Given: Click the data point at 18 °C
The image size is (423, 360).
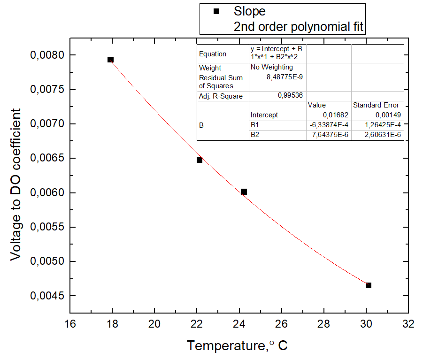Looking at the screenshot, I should (110, 60).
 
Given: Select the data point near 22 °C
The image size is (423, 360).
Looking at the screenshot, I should (200, 160).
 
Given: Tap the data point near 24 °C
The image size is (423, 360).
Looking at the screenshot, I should (244, 191).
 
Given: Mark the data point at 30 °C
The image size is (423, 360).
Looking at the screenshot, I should (369, 285).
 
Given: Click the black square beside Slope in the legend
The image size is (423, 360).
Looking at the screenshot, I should (216, 11).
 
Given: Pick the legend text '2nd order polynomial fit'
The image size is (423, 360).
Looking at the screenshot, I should (299, 27).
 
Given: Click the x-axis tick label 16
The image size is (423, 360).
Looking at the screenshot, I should (69, 324).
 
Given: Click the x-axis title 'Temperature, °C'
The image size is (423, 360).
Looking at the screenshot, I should (238, 346).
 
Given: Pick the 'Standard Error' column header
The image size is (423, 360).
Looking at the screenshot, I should (376, 105).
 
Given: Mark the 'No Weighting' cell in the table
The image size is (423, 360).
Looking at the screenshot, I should (271, 67).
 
